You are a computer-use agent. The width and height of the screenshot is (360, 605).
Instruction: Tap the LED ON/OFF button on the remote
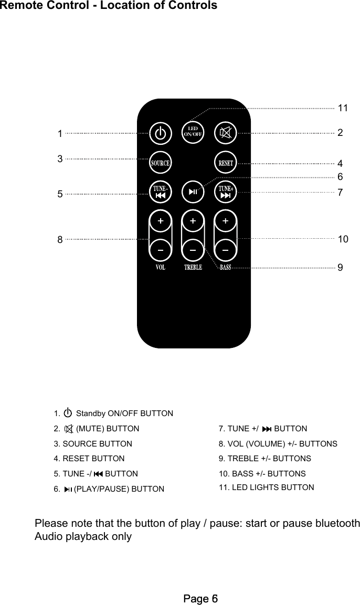click(x=193, y=132)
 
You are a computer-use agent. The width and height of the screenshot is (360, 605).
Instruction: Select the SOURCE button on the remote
click(x=160, y=163)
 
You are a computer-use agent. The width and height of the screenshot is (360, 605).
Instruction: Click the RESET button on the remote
click(x=226, y=163)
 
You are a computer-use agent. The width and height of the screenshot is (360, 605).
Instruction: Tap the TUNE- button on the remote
click(x=160, y=192)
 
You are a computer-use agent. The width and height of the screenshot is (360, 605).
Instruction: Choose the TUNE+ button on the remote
click(x=226, y=192)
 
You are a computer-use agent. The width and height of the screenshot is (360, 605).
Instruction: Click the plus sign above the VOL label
click(x=160, y=221)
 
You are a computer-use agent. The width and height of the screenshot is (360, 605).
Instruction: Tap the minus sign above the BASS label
click(x=226, y=250)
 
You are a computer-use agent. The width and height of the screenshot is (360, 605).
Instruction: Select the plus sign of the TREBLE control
click(x=193, y=221)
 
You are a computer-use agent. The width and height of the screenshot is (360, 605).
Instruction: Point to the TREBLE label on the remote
click(x=193, y=268)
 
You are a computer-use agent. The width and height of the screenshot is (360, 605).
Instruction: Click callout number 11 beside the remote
click(x=343, y=108)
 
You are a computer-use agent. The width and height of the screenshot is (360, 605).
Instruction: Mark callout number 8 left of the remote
click(x=60, y=240)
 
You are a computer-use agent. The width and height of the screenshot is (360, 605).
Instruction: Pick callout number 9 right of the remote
click(x=341, y=268)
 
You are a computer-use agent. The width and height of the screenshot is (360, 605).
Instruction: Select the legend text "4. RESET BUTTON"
click(x=89, y=459)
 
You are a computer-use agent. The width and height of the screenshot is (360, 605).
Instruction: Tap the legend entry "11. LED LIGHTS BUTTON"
click(x=266, y=487)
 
